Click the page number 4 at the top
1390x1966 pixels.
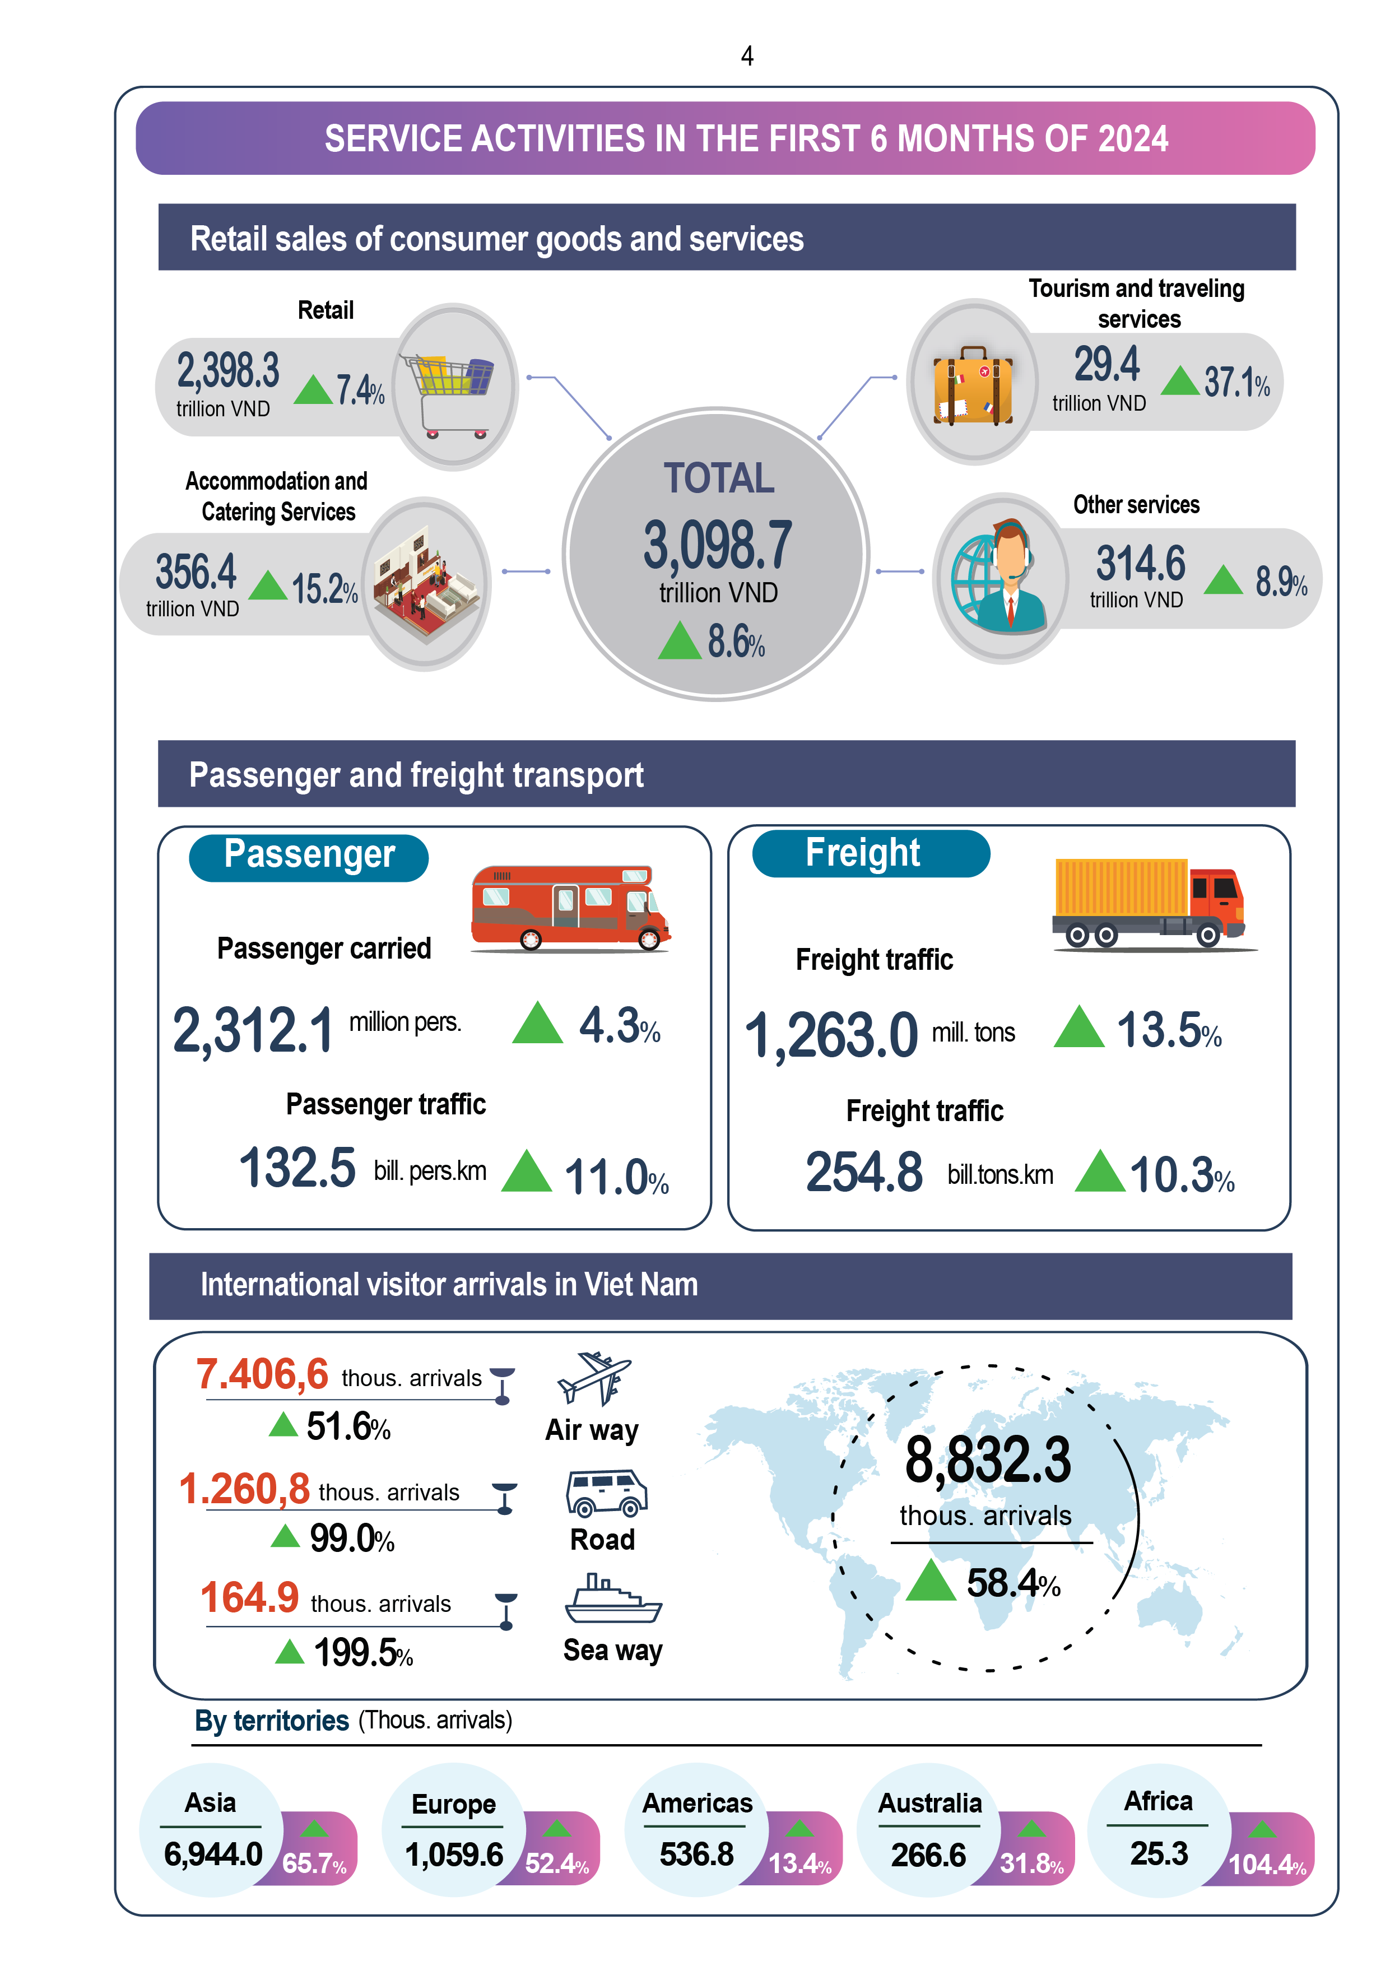tap(747, 57)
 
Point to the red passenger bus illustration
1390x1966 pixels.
tap(570, 909)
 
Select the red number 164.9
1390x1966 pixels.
tap(249, 1598)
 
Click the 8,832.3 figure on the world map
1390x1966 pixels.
tap(988, 1461)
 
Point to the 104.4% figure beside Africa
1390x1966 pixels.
tap(1267, 1865)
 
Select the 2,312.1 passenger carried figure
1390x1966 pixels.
tap(253, 1030)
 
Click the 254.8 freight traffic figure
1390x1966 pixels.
tap(863, 1172)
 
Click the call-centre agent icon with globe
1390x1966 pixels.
tap(1000, 578)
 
